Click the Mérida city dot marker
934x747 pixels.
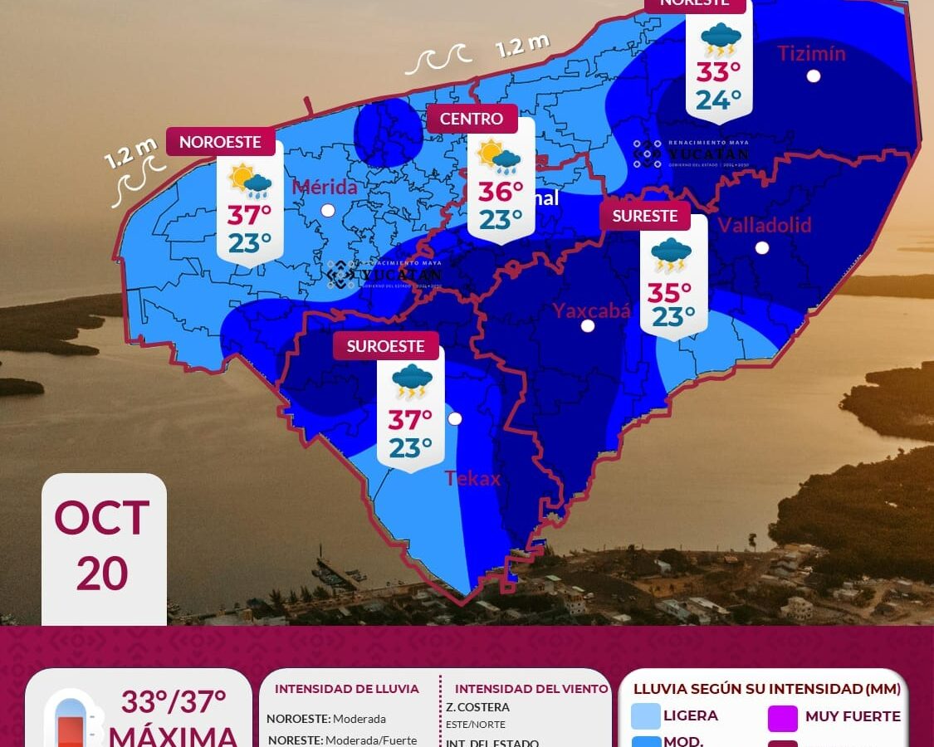328,210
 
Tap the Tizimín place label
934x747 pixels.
811,54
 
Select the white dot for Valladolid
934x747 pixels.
762,247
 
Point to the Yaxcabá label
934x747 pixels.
592,310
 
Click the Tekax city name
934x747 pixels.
472,478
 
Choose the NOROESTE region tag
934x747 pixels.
220,142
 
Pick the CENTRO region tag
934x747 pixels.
472,119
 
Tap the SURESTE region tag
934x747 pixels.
645,216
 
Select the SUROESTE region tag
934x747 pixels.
385,346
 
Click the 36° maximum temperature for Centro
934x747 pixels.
501,192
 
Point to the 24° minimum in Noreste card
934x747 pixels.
718,100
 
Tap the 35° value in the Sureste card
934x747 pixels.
669,293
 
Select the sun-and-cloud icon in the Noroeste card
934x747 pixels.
250,180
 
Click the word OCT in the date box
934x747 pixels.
102,518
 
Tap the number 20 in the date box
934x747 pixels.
102,574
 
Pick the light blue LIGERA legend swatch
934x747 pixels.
646,715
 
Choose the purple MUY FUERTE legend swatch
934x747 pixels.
783,717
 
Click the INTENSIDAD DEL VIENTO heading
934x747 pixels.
531,689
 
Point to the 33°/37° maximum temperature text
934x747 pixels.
174,702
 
